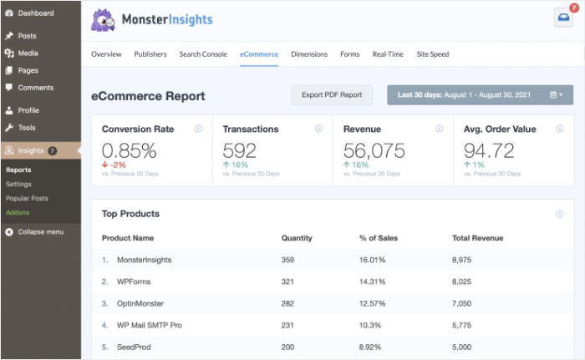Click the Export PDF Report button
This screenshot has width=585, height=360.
pos(332,94)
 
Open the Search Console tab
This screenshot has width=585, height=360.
pos(202,54)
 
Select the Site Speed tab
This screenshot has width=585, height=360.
pos(433,54)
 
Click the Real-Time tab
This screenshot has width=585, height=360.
pos(388,54)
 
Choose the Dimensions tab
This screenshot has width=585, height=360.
pos(309,54)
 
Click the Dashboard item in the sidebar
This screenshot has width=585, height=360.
pos(35,13)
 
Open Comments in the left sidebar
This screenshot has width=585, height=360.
pos(35,88)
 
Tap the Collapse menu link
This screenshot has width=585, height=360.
pos(40,231)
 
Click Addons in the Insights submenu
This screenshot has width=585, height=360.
pos(18,212)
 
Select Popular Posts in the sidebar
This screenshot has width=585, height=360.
pos(27,198)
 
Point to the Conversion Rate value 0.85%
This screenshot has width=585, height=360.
pos(130,150)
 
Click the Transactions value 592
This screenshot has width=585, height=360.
pos(241,150)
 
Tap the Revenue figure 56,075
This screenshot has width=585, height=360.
pos(374,150)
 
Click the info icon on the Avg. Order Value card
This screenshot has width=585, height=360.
pos(560,129)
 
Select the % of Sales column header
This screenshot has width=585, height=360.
pos(378,238)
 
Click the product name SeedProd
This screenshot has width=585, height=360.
pos(135,347)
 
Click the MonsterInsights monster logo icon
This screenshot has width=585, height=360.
pos(104,20)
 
